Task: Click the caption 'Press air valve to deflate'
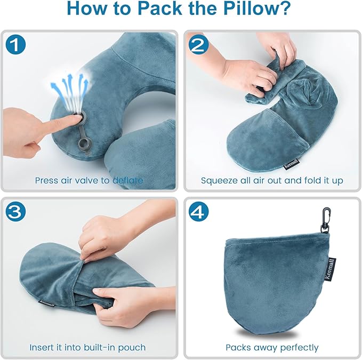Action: coord(89,180)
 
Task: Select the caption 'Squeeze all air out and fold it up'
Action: coord(272,180)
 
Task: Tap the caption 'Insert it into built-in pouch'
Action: coord(89,347)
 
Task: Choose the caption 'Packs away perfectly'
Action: coord(272,347)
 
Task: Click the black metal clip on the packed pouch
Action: coord(323,218)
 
